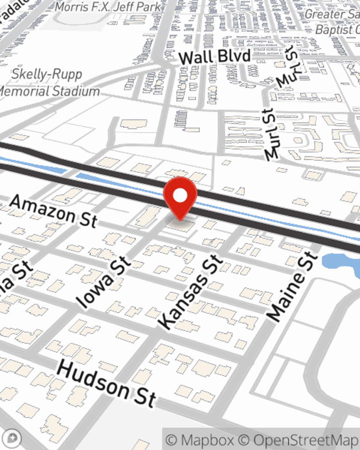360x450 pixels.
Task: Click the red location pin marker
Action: tap(180, 198)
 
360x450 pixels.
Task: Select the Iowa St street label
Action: tap(104, 283)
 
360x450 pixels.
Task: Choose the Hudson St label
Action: tap(107, 384)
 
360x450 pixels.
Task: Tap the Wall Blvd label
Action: tap(215, 57)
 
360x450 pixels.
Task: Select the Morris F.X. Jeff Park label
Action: tap(108, 7)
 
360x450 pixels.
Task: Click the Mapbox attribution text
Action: tap(200, 440)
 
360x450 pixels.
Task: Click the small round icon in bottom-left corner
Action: tap(13, 438)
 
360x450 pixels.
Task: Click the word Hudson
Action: tap(93, 378)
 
